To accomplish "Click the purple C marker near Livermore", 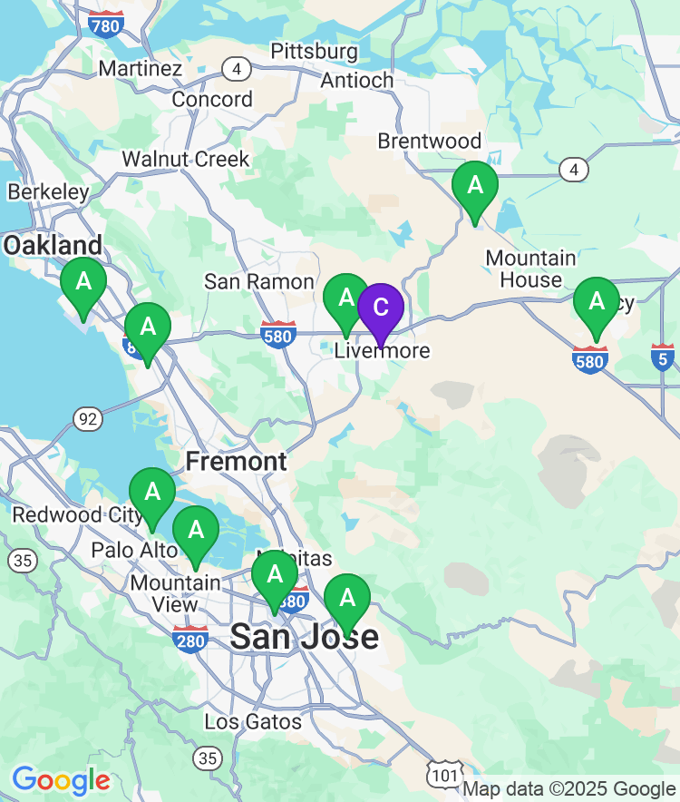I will tap(381, 308).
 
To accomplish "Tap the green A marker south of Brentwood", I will tap(475, 186).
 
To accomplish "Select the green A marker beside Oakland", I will tap(83, 282).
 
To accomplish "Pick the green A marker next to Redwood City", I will tap(152, 493).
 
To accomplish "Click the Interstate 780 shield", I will tap(106, 24).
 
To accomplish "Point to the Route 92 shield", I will tap(88, 418).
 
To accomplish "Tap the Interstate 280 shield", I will tap(190, 639).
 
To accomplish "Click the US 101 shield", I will tap(443, 773).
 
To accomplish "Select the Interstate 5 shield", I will tap(663, 357).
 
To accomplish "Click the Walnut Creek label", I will tap(186, 159).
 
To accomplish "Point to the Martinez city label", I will tap(141, 68).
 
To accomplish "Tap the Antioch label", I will tap(357, 80).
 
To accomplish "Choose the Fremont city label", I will tap(237, 461).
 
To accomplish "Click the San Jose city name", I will tap(304, 636).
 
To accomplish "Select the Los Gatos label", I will tap(253, 721).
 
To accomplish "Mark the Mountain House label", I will tap(530, 269).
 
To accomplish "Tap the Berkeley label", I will tap(48, 191).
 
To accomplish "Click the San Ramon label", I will tap(259, 281).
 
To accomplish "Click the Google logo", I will tap(61, 779).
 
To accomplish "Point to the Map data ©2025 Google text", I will tap(569, 788).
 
